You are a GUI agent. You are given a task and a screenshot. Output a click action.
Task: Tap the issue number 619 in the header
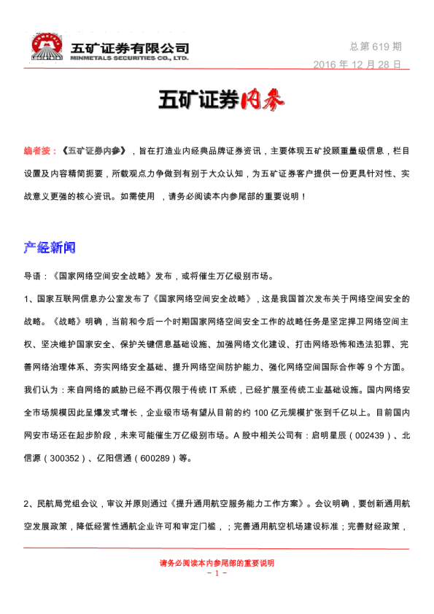tap(381, 47)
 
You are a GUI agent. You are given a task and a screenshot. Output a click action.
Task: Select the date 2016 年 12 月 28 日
tap(357, 64)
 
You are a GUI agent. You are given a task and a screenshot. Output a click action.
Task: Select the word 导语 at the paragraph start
tap(34, 276)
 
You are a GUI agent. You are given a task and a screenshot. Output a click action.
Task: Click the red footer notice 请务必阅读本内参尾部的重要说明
tap(217, 563)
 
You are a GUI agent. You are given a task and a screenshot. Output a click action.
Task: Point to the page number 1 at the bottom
tap(217, 573)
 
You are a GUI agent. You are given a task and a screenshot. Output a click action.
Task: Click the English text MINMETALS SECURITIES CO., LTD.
tap(129, 57)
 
